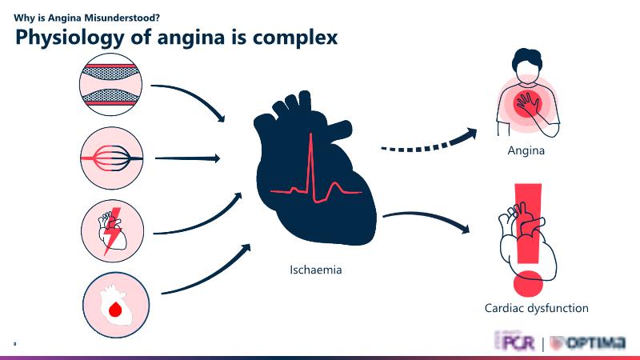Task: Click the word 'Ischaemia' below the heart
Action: pyautogui.click(x=315, y=270)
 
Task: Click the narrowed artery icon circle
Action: pyautogui.click(x=112, y=83)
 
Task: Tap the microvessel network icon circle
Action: pyautogui.click(x=112, y=158)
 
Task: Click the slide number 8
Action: pyautogui.click(x=14, y=342)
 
